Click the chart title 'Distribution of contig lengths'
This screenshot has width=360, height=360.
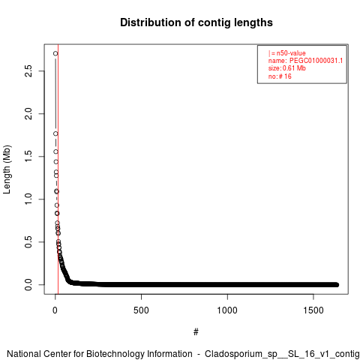tap(196, 22)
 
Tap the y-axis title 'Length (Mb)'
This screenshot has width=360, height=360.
tap(7, 169)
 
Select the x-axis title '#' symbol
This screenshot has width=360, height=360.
tap(196, 332)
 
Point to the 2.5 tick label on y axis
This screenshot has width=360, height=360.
tap(28, 70)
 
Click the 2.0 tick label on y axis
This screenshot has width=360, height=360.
tap(28, 114)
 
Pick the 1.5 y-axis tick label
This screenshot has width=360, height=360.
tap(28, 157)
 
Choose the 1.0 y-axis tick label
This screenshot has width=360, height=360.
tap(28, 199)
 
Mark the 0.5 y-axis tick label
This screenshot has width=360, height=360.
tap(28, 241)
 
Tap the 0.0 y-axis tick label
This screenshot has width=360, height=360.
tap(28, 284)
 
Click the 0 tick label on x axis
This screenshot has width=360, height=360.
tap(55, 310)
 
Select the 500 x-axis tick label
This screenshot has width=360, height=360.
tap(141, 310)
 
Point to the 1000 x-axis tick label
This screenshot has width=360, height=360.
tap(227, 310)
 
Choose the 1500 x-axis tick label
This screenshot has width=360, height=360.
tap(313, 310)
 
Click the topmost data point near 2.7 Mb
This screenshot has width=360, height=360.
tap(55, 53)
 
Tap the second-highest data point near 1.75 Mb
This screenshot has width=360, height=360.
tap(55, 133)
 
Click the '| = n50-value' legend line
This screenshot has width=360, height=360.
tap(287, 53)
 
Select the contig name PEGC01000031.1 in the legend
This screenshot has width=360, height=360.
tap(316, 61)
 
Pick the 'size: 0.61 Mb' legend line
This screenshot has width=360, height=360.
tap(287, 68)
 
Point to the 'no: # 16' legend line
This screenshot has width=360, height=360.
tap(280, 76)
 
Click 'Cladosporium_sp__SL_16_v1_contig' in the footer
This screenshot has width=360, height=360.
tap(282, 354)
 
